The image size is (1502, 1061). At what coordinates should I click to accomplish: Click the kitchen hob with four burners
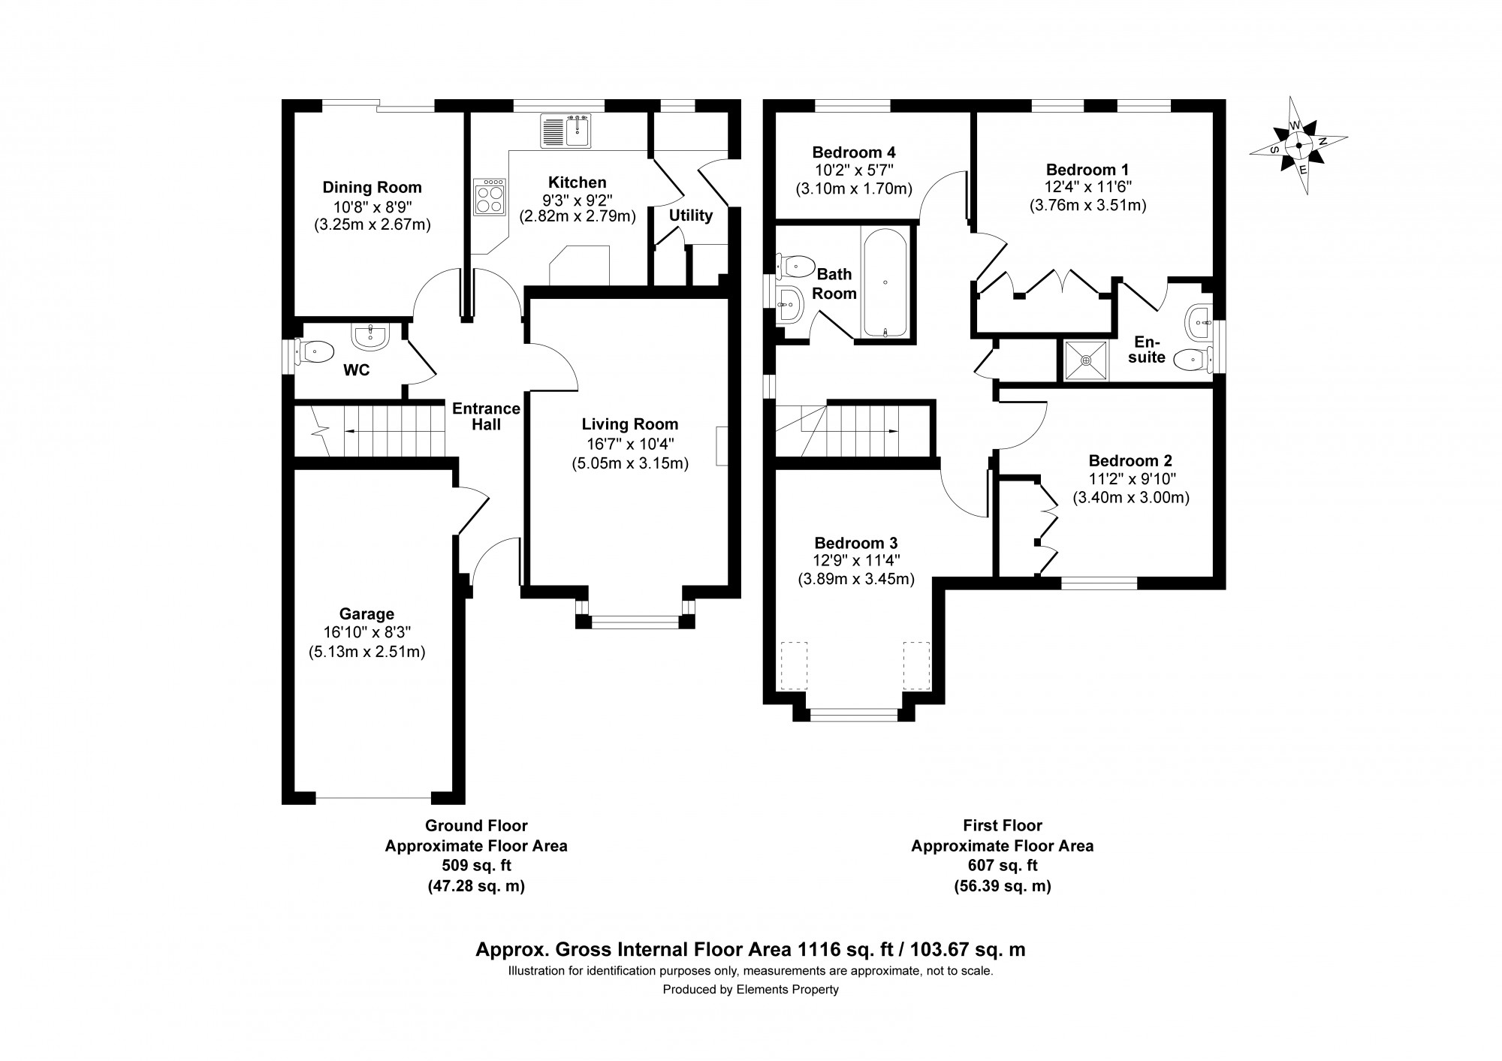tap(490, 198)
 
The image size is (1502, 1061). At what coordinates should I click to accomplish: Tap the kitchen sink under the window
tap(566, 131)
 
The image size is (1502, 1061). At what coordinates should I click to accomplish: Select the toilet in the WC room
tap(315, 350)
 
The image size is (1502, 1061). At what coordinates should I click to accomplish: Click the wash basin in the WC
tap(369, 337)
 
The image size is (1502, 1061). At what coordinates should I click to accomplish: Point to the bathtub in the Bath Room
tap(886, 282)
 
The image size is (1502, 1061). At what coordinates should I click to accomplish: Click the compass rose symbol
tap(1298, 146)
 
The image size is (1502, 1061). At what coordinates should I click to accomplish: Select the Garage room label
tap(366, 614)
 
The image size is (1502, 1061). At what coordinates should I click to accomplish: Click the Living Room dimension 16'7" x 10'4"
tap(629, 444)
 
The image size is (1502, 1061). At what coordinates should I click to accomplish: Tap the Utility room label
tap(690, 216)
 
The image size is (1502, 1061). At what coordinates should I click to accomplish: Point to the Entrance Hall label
tap(486, 416)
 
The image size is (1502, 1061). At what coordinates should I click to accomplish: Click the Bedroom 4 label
tap(853, 152)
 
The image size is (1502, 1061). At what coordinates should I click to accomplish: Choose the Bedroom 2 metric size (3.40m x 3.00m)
tap(1130, 497)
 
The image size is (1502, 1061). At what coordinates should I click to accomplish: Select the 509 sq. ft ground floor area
tap(476, 866)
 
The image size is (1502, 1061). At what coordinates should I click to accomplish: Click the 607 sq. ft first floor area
tap(1002, 866)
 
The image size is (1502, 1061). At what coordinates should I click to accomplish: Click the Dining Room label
tap(372, 188)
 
